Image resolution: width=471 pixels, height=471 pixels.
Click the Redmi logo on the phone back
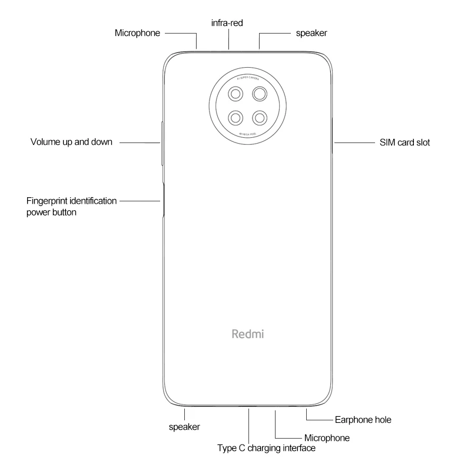point(247,334)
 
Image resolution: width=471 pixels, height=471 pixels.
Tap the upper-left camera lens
point(236,94)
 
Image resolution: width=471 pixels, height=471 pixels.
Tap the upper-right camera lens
point(260,94)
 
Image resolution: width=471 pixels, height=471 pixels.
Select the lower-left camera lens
point(236,117)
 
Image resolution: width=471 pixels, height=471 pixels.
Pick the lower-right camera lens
point(260,117)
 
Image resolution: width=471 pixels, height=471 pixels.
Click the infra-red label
point(227,23)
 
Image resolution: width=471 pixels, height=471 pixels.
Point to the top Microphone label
point(137,33)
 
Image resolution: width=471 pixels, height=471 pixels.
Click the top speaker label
point(311,33)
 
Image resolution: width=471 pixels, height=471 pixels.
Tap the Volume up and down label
point(71,142)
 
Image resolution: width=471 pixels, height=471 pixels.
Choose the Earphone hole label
point(363,420)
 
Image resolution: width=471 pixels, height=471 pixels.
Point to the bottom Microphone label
point(327,438)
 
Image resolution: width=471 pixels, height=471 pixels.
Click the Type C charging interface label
point(266,449)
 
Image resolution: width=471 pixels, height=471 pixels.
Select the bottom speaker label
point(184,427)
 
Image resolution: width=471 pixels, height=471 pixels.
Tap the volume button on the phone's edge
point(161,142)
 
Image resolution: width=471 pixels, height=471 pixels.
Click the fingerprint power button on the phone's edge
point(161,200)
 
